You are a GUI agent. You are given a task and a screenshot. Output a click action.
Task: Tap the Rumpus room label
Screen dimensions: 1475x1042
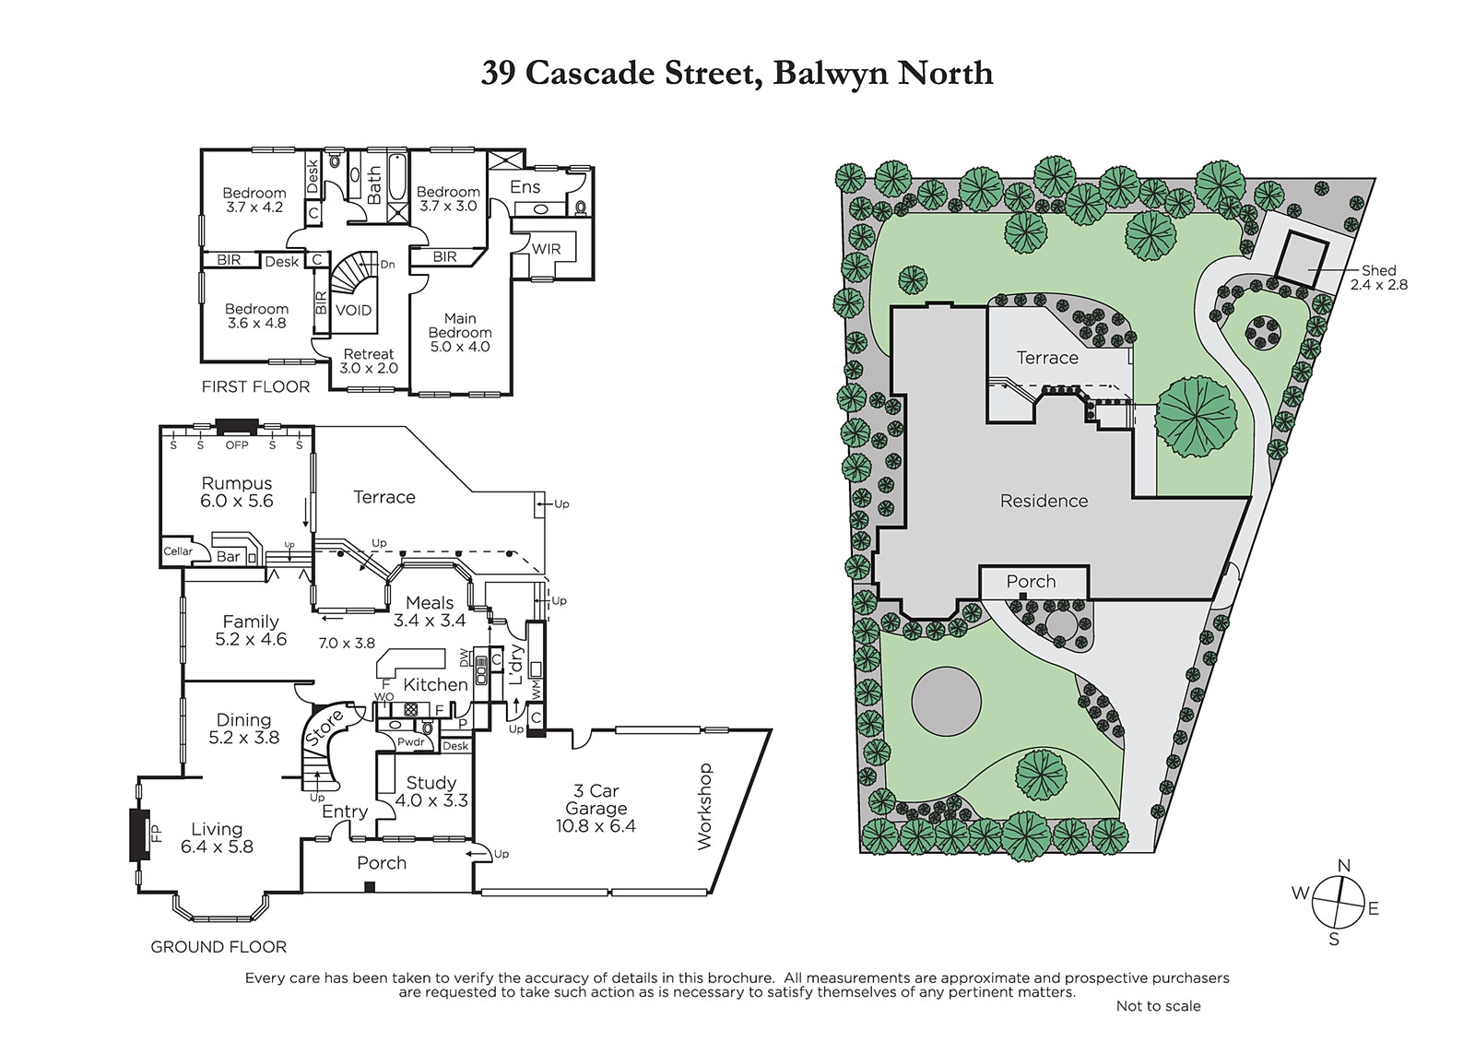click(236, 483)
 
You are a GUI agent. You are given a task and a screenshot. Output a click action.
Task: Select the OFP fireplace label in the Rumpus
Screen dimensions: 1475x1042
click(237, 445)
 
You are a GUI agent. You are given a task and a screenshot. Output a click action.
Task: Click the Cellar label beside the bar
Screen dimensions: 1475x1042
click(178, 551)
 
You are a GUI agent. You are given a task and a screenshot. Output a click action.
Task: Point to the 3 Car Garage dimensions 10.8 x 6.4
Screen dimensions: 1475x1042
click(596, 826)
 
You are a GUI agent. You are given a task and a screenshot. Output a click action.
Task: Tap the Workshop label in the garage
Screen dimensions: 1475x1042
click(704, 806)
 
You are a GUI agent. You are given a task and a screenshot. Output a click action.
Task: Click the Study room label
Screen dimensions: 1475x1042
click(431, 783)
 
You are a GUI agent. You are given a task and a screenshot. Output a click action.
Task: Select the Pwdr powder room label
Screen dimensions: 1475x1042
click(411, 741)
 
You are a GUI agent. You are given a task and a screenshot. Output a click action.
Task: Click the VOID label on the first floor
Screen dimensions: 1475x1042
click(354, 310)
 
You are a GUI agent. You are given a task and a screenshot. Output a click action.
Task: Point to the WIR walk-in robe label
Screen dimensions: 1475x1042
click(546, 249)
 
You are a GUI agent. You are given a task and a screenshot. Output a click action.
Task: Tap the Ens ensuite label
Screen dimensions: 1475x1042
click(525, 187)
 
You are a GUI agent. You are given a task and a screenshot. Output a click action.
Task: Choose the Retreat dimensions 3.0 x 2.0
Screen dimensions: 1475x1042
click(369, 368)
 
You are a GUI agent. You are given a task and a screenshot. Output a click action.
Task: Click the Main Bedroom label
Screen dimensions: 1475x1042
click(460, 326)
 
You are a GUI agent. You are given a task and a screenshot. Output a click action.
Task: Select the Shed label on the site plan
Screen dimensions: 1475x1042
click(1379, 270)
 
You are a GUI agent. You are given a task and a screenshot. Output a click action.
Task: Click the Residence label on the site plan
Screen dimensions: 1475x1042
click(1044, 502)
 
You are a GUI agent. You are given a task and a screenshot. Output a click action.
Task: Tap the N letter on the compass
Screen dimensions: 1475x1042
click(1345, 866)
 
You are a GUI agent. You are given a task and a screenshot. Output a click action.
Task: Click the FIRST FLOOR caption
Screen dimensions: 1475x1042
click(255, 386)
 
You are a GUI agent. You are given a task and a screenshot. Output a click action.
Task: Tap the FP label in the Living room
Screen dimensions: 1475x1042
click(157, 834)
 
